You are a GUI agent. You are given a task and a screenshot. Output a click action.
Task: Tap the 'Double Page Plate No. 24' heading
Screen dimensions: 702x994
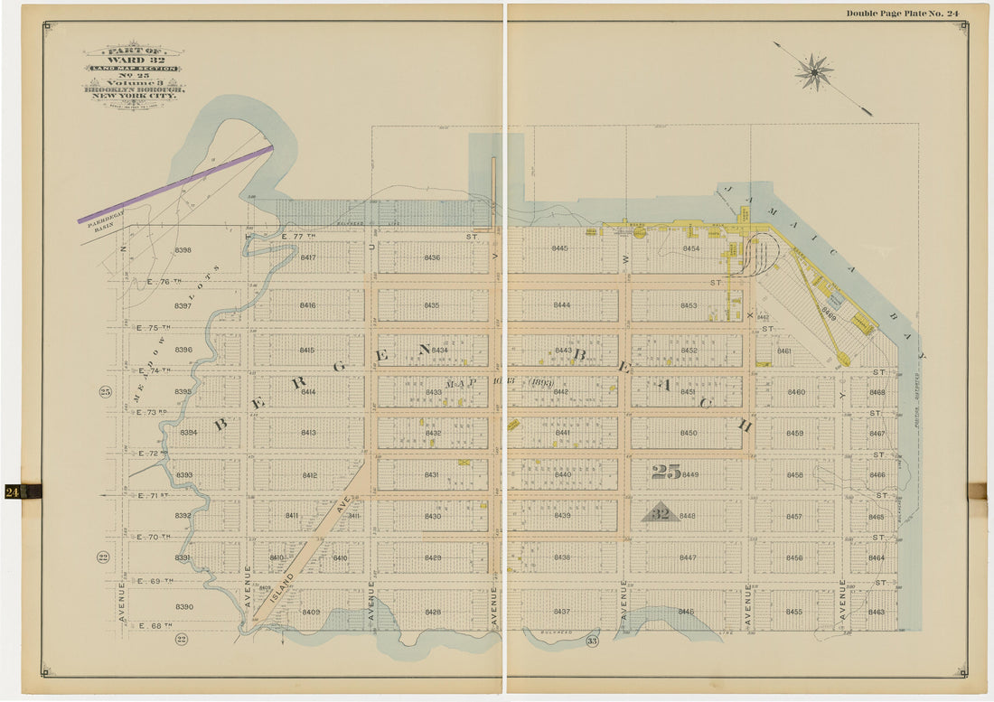tap(902, 13)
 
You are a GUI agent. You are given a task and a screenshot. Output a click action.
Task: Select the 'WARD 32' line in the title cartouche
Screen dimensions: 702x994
tap(133, 60)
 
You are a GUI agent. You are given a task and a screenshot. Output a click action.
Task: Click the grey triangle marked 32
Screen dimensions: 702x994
tap(661, 512)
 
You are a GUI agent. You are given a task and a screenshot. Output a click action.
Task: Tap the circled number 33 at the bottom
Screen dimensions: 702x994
tap(592, 641)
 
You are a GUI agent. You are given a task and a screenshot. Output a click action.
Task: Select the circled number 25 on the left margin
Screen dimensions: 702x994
tap(104, 391)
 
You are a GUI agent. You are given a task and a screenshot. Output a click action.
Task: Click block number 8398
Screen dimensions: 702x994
tap(183, 250)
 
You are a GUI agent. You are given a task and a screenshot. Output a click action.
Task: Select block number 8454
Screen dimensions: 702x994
tap(690, 248)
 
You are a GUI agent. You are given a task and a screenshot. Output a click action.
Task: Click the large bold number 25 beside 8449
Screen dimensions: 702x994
tap(665, 472)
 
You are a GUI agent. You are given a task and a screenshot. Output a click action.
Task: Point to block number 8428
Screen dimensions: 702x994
tap(433, 613)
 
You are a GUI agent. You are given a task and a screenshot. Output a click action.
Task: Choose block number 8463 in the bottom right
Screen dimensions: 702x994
tap(876, 613)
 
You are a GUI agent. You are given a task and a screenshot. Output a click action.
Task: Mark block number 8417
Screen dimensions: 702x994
tap(308, 257)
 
